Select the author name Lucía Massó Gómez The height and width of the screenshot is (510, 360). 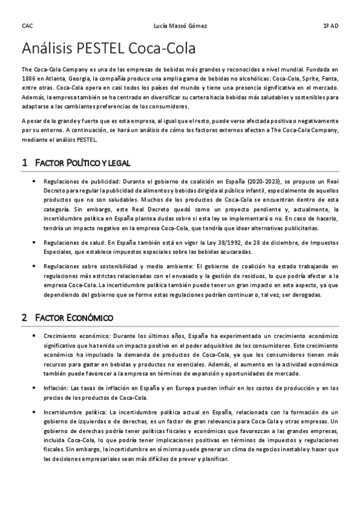click(180, 26)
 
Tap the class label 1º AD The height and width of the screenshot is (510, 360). click(331, 26)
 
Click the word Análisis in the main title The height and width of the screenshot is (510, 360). click(48, 48)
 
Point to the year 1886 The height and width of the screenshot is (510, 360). click(29, 79)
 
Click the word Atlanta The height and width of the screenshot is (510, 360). click(63, 79)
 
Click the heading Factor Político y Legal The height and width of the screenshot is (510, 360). click(83, 163)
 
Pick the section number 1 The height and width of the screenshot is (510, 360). click(24, 163)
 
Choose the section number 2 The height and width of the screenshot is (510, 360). click(24, 317)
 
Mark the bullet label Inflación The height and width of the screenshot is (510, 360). click(55, 372)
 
